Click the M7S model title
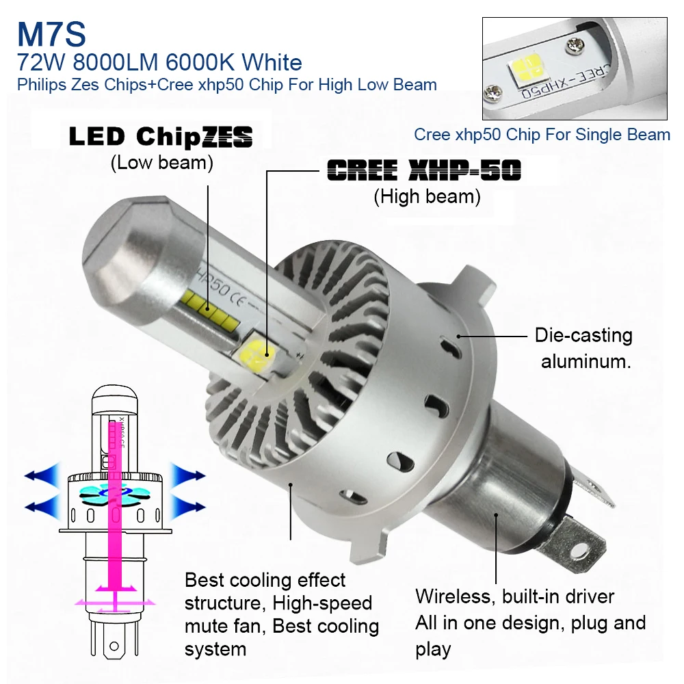pos(51,34)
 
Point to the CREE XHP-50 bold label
pos(424,170)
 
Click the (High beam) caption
pos(427,196)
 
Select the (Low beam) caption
pos(162,163)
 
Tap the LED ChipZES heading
pos(161,136)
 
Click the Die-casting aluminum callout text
pos(583,348)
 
